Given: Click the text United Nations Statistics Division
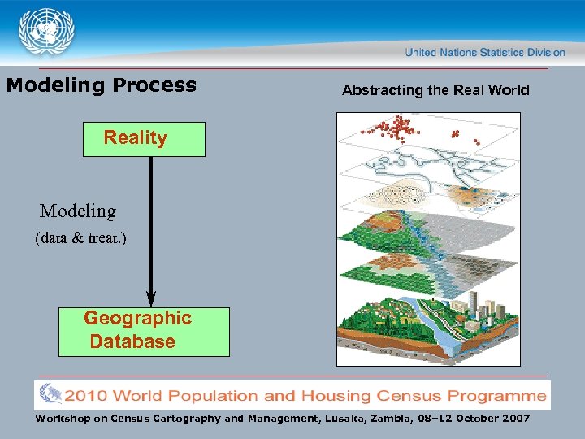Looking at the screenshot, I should point(485,52).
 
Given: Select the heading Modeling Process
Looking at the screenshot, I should point(102,85).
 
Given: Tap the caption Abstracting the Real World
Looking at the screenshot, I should point(435,90).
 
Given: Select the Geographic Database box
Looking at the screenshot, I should point(144,331).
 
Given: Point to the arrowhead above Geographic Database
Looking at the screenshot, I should point(151,298).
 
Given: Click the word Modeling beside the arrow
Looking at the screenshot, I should point(78,211).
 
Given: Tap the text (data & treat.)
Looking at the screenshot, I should point(80,239).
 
